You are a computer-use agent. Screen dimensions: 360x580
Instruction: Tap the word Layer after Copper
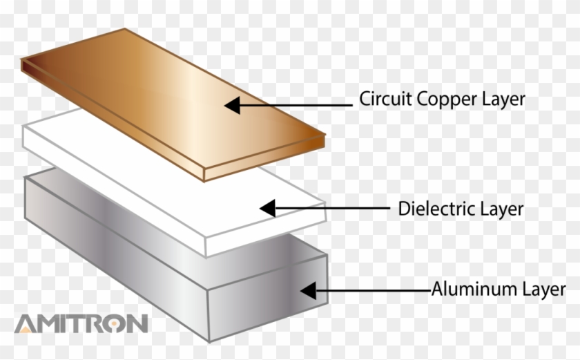[x=503, y=99]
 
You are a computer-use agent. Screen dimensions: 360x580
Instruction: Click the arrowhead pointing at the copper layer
[x=233, y=106]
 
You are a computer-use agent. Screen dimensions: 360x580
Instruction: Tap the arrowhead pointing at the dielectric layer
[x=267, y=207]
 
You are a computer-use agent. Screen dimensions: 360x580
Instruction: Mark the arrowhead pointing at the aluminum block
[x=308, y=290]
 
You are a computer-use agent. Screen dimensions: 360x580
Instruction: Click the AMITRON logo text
[x=81, y=323]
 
